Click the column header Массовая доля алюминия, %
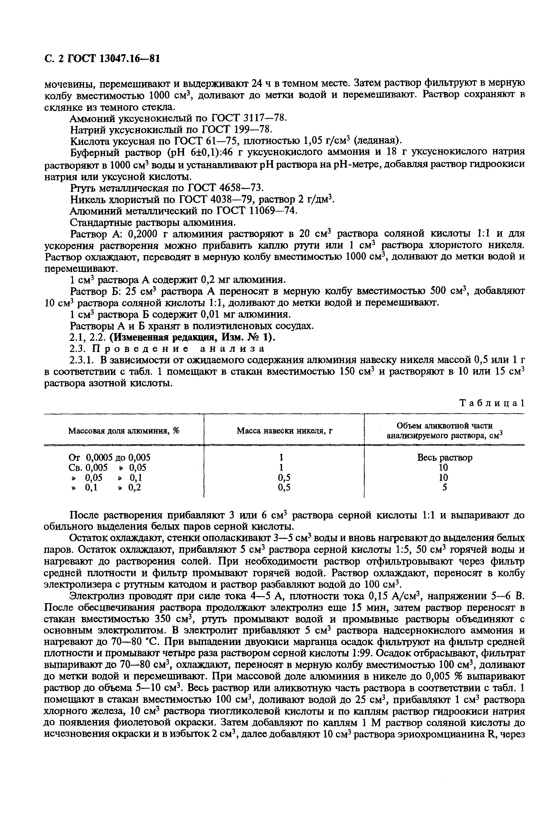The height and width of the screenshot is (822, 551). [x=124, y=431]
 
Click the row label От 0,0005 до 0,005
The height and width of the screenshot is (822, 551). [x=110, y=457]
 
